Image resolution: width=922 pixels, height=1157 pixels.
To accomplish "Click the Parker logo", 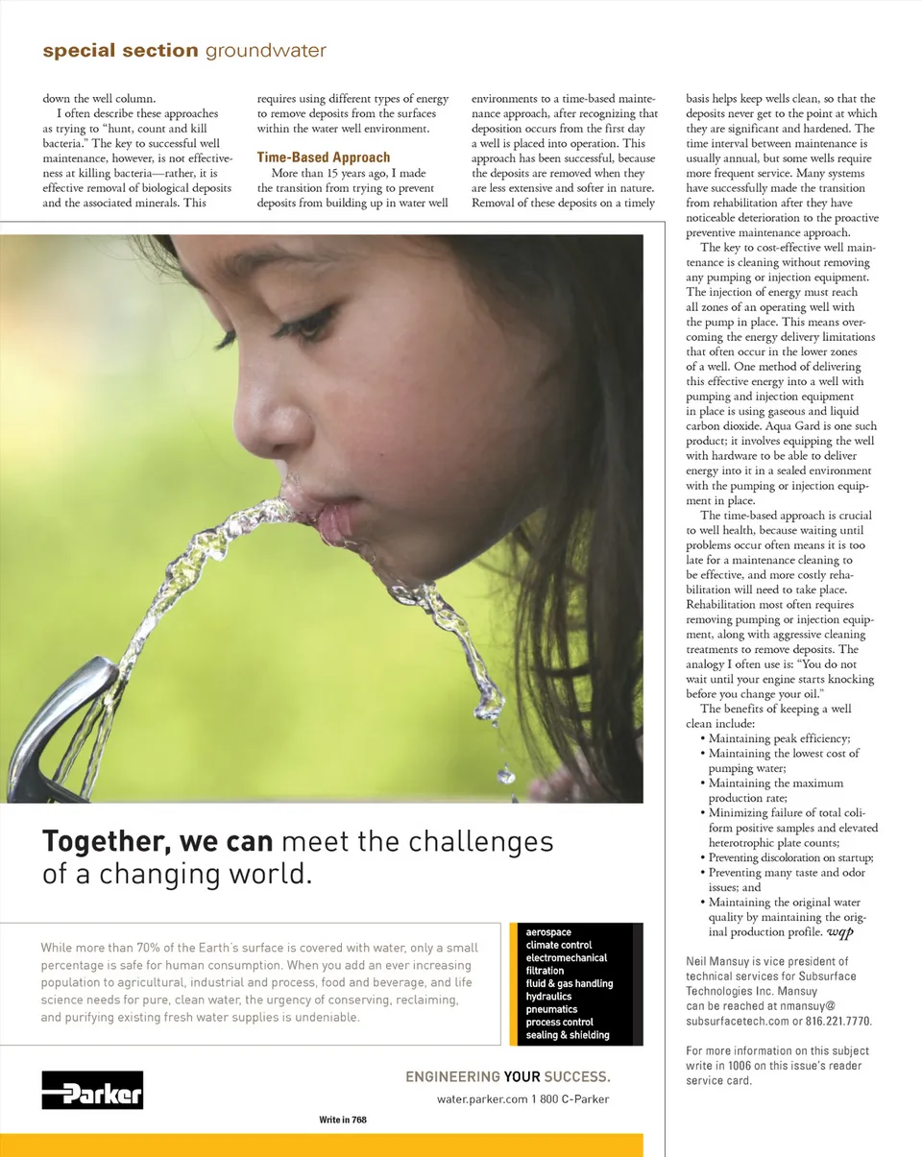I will [92, 1090].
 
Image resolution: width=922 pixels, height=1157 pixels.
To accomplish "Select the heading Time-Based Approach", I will [324, 157].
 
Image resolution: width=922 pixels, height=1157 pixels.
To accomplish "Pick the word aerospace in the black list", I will [548, 932].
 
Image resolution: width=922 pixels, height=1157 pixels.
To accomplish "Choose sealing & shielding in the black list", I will [568, 1035].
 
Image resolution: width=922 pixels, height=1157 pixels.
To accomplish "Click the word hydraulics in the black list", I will [549, 997].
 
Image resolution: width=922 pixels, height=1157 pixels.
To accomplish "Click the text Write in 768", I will [343, 1120].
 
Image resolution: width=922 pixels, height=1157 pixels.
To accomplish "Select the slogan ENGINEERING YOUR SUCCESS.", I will [507, 1077].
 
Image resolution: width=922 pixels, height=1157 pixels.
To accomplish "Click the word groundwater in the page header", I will [266, 51].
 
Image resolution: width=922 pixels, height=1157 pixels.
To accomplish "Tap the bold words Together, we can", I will [158, 842].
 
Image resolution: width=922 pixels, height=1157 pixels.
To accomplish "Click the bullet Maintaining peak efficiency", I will [779, 738].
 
